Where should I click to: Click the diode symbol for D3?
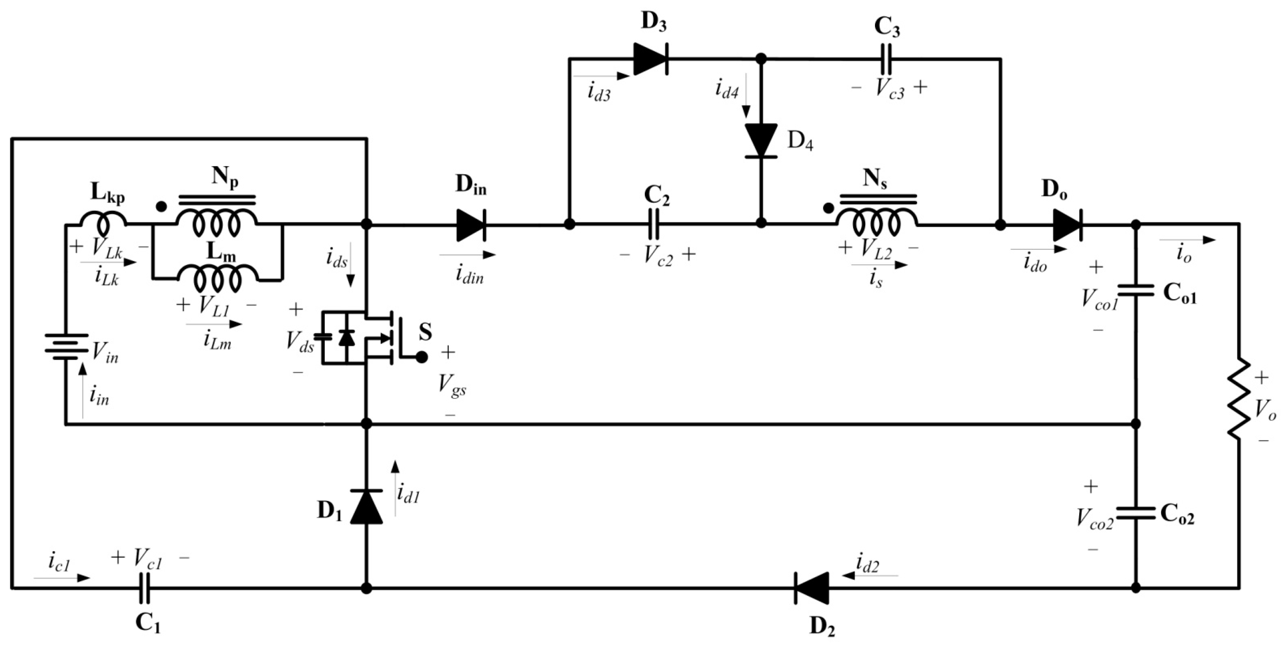650,59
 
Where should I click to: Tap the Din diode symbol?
471,225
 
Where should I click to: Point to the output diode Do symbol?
1067,225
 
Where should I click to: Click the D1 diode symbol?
367,506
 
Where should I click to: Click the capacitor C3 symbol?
886,59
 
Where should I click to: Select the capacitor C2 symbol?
654,225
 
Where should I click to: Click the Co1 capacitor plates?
1136,290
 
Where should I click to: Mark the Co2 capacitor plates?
1136,513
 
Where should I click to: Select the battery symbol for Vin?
66,347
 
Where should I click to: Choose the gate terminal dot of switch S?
422,357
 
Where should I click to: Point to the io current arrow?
1188,240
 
